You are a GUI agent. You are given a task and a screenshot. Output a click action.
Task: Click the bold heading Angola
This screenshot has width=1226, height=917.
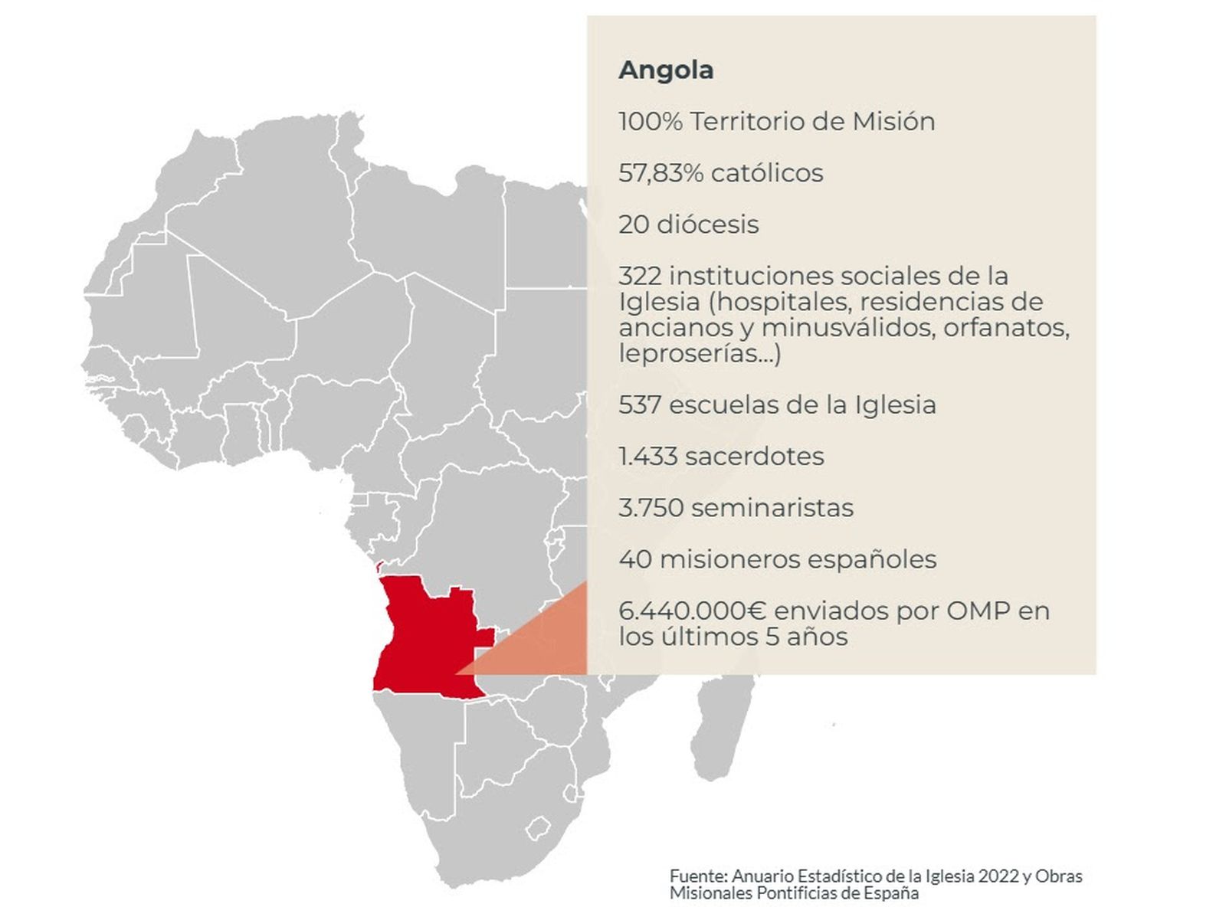click(665, 70)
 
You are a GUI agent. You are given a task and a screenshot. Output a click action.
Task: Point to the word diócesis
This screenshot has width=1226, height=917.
click(707, 224)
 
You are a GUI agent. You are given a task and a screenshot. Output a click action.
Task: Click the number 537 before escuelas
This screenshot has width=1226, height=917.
click(640, 404)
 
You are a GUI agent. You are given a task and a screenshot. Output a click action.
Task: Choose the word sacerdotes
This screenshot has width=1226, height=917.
click(754, 457)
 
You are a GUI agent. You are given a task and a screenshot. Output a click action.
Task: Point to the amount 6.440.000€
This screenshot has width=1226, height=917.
click(693, 611)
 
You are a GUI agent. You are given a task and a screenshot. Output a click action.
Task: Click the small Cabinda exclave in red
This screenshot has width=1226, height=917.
click(379, 567)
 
